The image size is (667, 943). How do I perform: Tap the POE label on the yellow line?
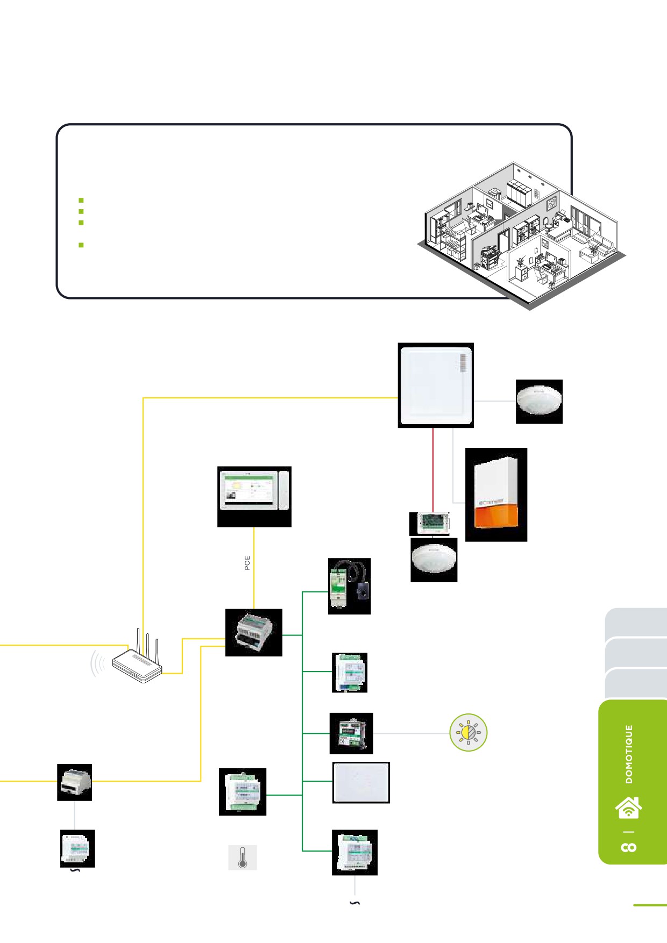(247, 563)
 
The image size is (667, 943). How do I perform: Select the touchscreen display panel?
(254, 490)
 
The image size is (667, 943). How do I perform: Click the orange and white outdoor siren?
(496, 494)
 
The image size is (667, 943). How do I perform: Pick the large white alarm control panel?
(436, 385)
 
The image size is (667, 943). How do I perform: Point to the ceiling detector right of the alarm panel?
(539, 401)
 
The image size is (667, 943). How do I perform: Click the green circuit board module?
(429, 523)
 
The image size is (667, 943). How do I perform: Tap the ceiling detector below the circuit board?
(434, 559)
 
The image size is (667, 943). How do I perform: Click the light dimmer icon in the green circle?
(469, 732)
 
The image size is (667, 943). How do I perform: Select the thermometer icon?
(243, 857)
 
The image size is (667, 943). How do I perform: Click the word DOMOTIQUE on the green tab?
(629, 754)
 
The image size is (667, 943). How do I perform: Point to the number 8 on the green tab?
(629, 847)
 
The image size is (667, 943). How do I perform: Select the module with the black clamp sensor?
(349, 586)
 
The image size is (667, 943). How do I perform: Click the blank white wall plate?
(361, 782)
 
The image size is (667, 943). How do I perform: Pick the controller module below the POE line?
(253, 632)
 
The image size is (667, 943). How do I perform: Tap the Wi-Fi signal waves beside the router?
(97, 663)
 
